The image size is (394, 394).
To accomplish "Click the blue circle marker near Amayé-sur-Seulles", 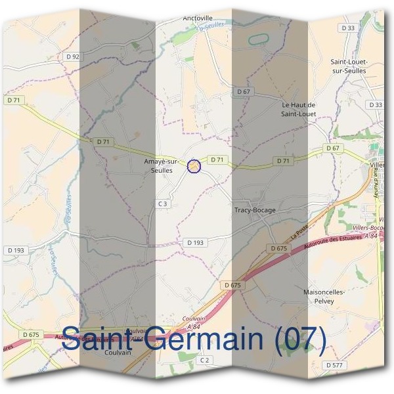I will tap(194, 166).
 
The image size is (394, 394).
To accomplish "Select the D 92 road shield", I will tap(73, 57).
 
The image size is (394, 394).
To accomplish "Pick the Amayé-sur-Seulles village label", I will tap(161, 165).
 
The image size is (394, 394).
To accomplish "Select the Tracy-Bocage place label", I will tap(255, 210).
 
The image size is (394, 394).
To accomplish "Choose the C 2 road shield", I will tap(205, 360).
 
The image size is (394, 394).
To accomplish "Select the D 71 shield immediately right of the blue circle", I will tap(217, 160).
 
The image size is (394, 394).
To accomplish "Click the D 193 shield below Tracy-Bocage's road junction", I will tap(195, 242).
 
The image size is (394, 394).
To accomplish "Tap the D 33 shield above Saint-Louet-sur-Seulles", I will tap(348, 28).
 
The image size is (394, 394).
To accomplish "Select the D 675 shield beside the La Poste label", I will tap(278, 248).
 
